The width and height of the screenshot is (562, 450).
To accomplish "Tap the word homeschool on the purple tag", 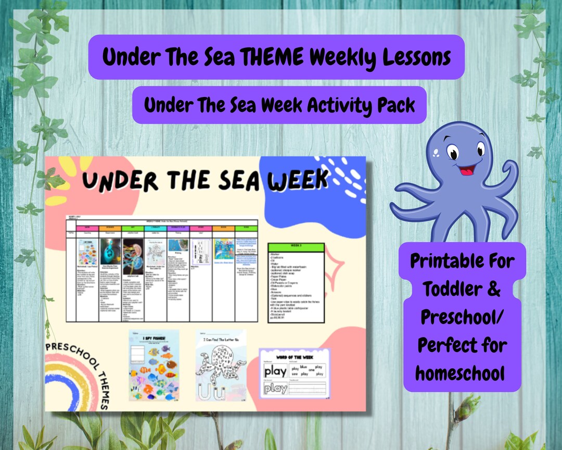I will pyautogui.click(x=461, y=373).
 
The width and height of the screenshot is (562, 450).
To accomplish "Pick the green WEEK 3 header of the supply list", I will pyautogui.click(x=296, y=247).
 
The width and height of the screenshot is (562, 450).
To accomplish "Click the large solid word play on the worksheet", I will pyautogui.click(x=275, y=371).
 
